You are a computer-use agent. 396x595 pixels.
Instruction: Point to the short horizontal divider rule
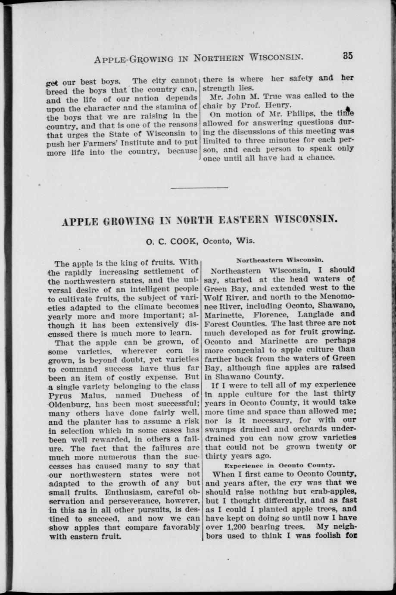[x=199, y=188]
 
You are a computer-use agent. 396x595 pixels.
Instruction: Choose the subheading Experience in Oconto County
[x=280, y=466]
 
